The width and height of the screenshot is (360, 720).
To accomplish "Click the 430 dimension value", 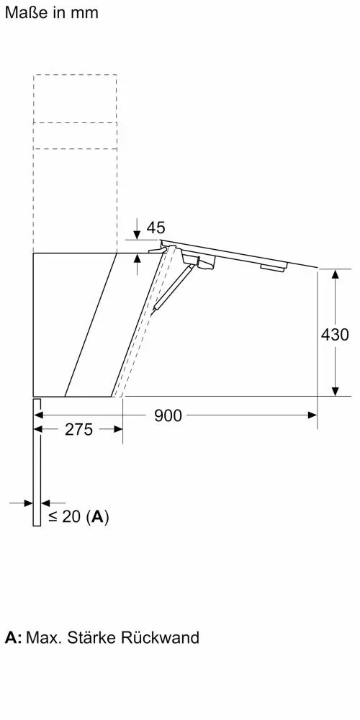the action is [335, 335].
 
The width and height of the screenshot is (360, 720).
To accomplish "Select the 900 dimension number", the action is [168, 415].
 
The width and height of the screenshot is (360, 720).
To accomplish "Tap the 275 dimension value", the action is [79, 429].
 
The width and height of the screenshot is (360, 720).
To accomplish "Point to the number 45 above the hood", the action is [156, 228].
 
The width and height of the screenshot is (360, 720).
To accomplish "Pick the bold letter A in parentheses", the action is [97, 517].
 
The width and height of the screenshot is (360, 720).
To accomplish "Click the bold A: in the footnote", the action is [13, 637].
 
